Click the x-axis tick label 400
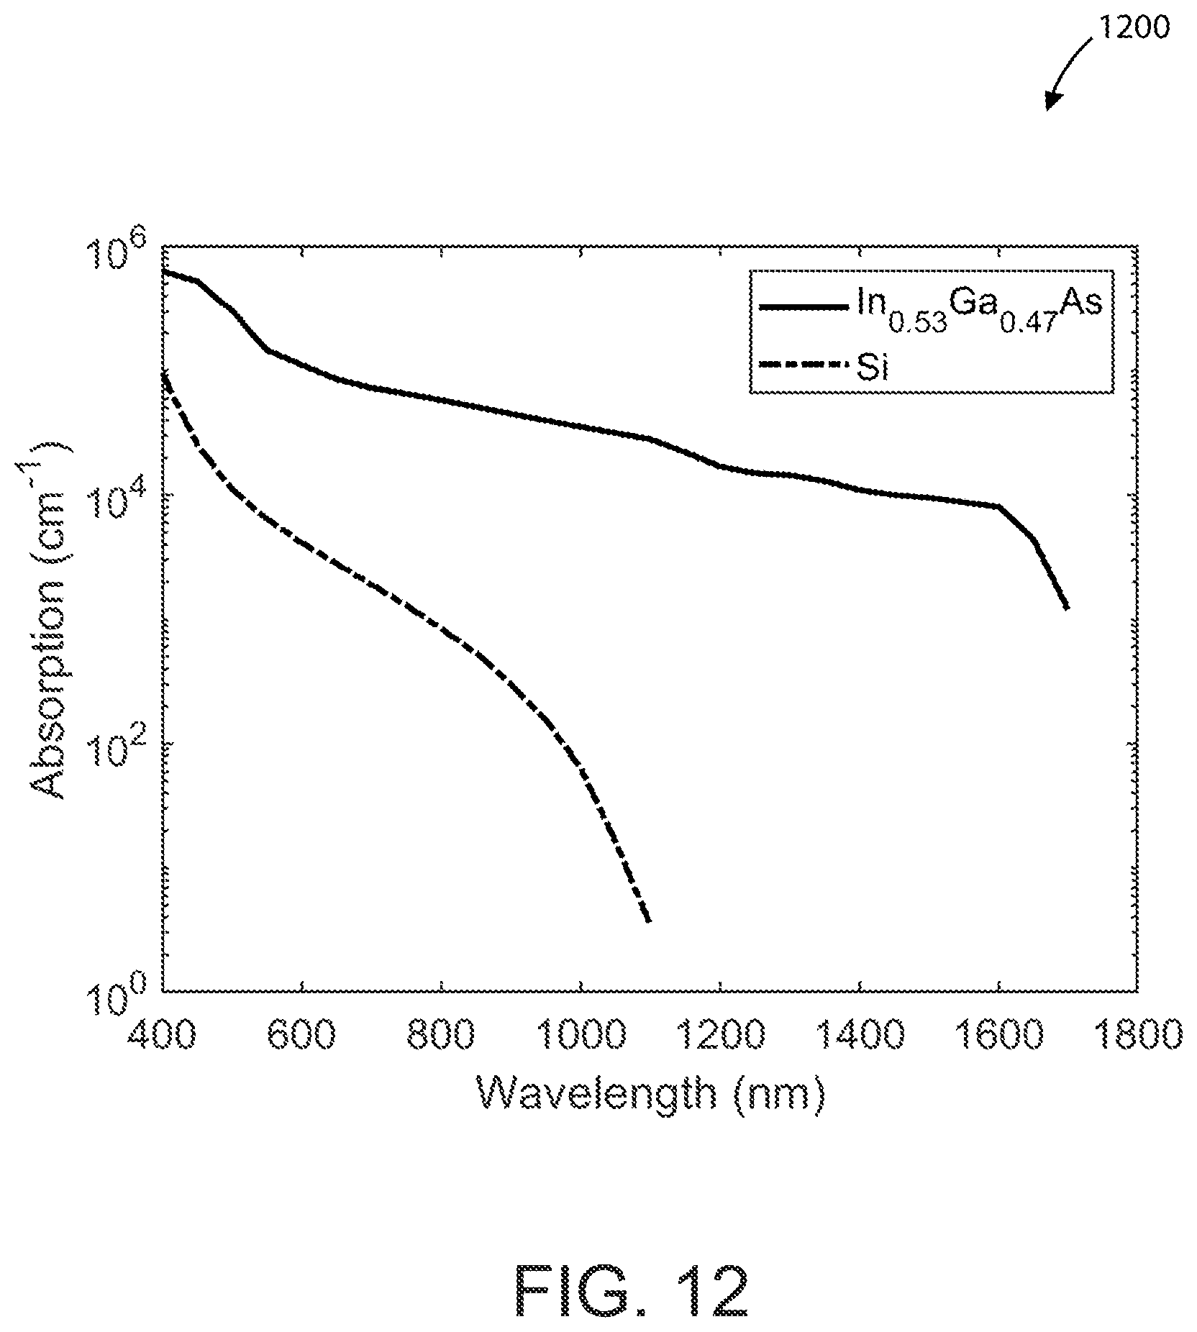162,1036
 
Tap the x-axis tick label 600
302,1036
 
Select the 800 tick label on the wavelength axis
442,1036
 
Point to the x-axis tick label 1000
581,1036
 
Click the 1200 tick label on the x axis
720,1036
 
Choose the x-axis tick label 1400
860,1036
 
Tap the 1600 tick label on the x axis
999,1036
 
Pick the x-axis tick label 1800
1139,1036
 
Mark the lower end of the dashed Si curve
650,921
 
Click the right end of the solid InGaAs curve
1068,608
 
